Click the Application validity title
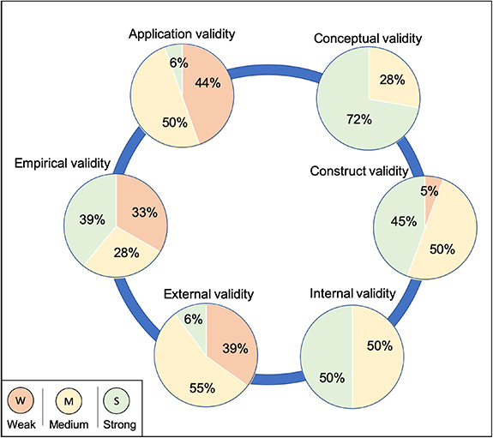(182, 34)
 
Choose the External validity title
(209, 293)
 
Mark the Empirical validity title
(61, 162)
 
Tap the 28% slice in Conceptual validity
(392, 80)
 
